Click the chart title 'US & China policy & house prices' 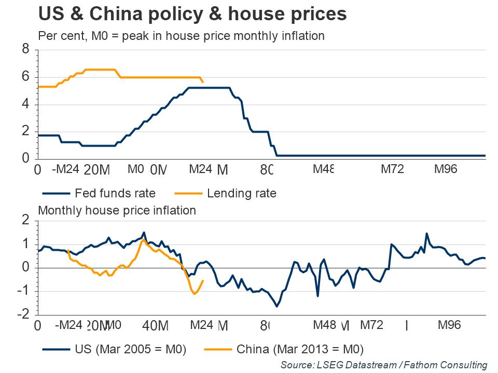point(192,13)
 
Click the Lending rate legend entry point(241,194)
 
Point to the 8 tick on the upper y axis point(25,50)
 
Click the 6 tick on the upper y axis point(25,77)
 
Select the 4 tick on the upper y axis point(25,104)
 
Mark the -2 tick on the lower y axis point(23,314)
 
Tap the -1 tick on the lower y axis point(23,291)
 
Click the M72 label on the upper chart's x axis point(392,169)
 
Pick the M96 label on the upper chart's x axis point(445,169)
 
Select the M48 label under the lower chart point(325,325)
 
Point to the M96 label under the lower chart point(449,325)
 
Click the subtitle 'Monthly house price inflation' point(117,210)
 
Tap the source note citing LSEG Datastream point(384,365)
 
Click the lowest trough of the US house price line point(276,307)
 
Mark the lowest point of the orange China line point(195,294)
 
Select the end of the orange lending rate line point(203,82)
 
